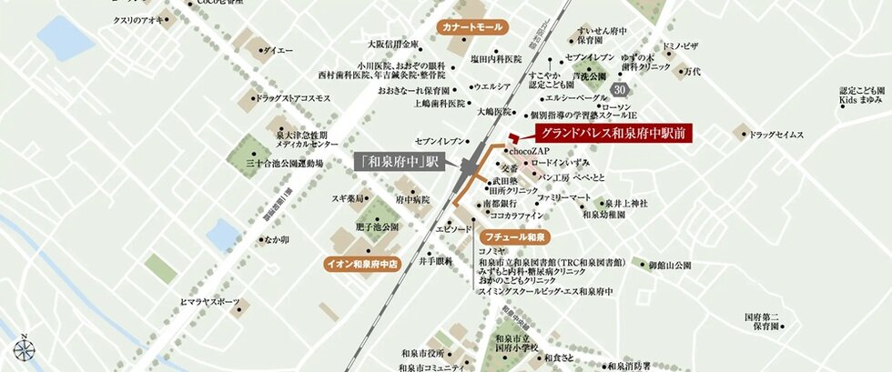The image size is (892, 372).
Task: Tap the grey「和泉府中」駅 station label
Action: click(x=398, y=162)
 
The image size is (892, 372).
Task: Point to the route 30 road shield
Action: click(x=620, y=89)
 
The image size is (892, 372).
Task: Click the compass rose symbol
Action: click(x=23, y=348)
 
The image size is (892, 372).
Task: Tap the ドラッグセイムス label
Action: click(x=777, y=135)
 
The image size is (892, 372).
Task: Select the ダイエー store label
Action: click(x=278, y=51)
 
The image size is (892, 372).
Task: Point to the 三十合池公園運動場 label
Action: click(x=285, y=164)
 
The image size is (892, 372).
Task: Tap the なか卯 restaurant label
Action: click(x=276, y=240)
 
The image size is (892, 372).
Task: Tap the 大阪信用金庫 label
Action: click(x=393, y=43)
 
